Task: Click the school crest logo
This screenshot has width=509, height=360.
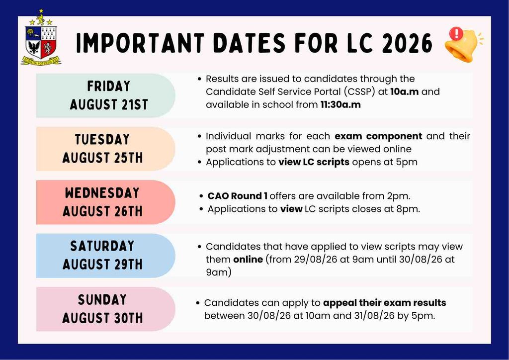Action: coord(41,37)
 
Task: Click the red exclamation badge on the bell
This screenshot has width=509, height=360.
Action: coord(456,33)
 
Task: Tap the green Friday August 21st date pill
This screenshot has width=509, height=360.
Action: coord(105,95)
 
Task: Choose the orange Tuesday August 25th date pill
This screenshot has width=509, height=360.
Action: coord(105,149)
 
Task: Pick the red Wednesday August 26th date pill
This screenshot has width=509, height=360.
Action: coord(105,202)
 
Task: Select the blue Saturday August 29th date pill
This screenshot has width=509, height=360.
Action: coord(105,256)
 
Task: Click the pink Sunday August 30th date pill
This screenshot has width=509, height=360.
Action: coord(105,309)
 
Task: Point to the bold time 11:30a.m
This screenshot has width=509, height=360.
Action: coord(340,104)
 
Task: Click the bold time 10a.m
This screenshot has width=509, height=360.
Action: coord(404,91)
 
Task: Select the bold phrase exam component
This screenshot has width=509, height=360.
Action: coord(378,136)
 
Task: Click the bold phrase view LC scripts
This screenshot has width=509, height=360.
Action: coord(314,162)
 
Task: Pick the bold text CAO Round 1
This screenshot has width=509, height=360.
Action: coord(238,196)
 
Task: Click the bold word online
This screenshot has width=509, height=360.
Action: coord(248,260)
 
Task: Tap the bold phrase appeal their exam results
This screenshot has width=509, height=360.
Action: coord(385,303)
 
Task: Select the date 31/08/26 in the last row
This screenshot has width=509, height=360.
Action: coord(373,316)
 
